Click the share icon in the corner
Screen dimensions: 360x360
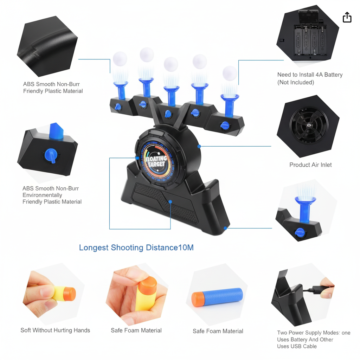[x=347, y=17]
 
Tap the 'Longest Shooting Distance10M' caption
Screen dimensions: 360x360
[x=136, y=247]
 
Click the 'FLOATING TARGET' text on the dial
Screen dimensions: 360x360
[x=156, y=161]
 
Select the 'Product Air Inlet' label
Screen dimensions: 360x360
[x=310, y=165]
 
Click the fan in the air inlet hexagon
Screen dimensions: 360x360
[x=309, y=126]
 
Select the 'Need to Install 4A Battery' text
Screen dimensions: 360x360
[x=310, y=75]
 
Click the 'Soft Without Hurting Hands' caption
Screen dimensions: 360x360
[x=55, y=330]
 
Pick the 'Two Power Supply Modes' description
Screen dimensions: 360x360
[x=314, y=339]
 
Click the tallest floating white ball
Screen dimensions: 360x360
[x=147, y=54]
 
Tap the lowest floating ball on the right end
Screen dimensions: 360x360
[x=230, y=73]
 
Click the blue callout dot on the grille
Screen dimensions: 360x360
[x=170, y=201]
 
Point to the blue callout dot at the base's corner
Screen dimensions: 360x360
[x=225, y=228]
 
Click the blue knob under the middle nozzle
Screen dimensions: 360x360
[x=168, y=114]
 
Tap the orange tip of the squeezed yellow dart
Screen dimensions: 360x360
[x=70, y=294]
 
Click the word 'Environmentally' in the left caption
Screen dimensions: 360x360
[x=42, y=195]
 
